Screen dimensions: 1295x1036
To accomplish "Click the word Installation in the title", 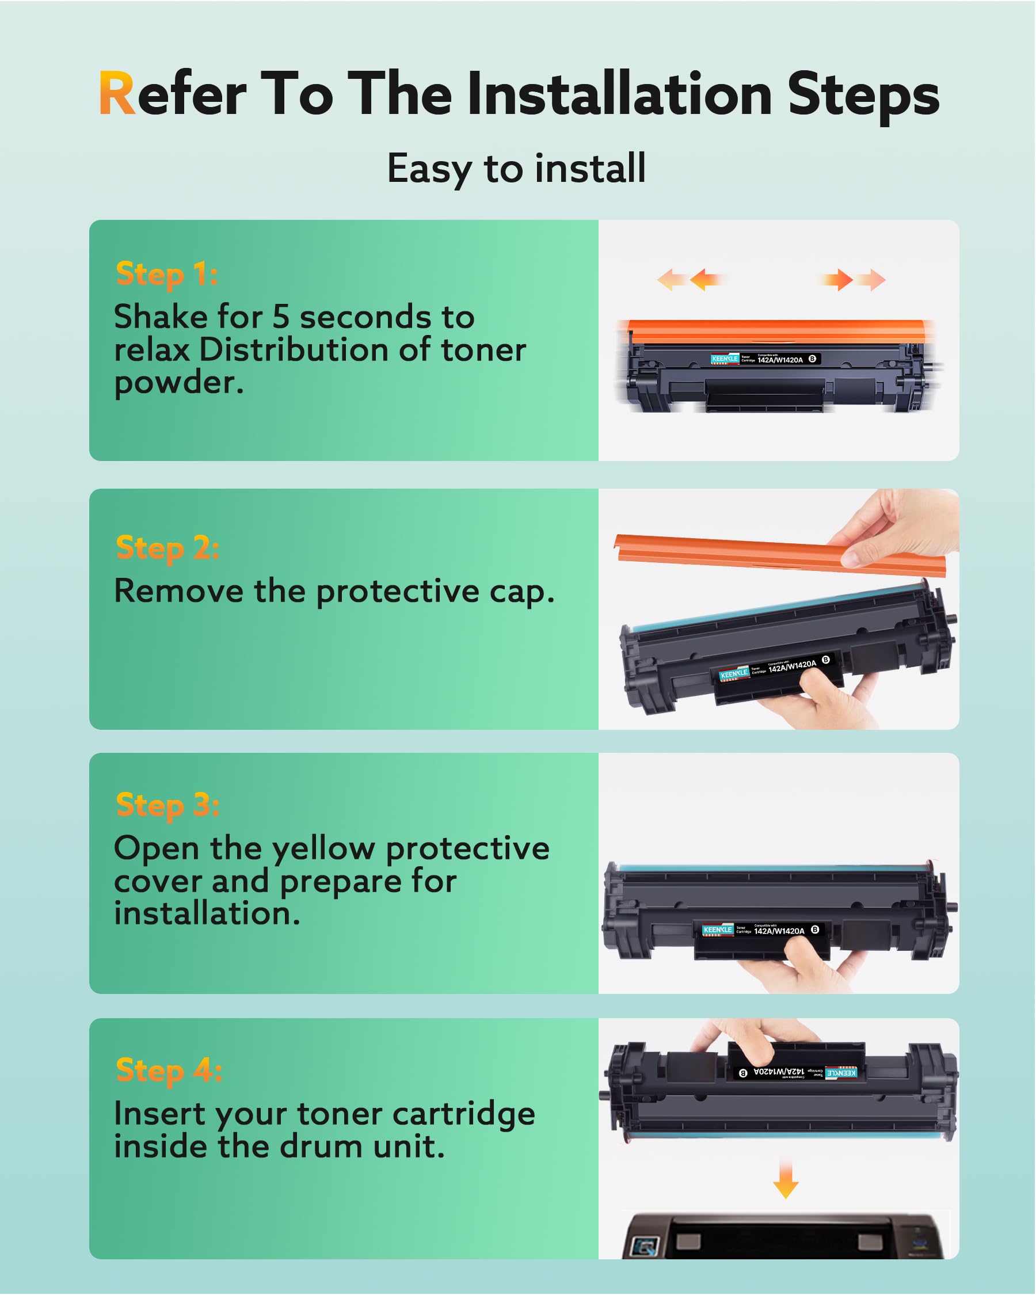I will click(x=619, y=94).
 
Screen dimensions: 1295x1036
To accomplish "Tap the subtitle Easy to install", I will click(x=516, y=168).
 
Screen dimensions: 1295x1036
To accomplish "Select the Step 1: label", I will click(x=166, y=275).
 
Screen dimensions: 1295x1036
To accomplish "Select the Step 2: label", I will click(x=167, y=549).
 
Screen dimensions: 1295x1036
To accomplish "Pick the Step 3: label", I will click(x=167, y=805).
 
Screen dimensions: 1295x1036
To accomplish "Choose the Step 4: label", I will click(x=169, y=1071).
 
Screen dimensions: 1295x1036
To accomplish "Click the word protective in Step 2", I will click(x=399, y=592).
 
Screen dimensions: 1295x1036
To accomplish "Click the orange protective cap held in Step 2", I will click(x=751, y=553).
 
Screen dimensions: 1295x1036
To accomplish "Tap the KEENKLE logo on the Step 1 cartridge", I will click(x=725, y=359).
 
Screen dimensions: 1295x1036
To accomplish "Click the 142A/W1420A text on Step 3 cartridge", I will click(x=779, y=931).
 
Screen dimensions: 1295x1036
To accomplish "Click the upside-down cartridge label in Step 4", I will click(x=797, y=1072).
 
